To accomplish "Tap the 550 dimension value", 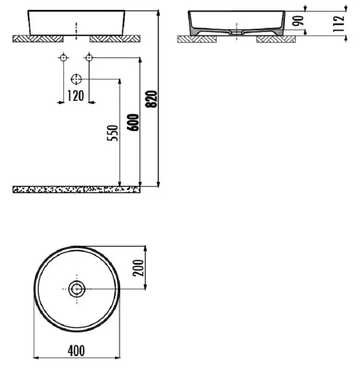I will point(114,133).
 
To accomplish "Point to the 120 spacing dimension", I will point(76,96).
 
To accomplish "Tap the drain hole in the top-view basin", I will point(76,289).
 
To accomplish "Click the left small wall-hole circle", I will point(63,58).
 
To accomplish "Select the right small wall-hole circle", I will point(89,58).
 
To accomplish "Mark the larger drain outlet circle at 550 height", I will point(76,79).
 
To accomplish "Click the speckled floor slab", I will point(76,189).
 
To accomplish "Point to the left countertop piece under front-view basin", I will point(38,39).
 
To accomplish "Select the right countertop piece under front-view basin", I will point(115,39).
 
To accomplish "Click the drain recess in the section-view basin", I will point(236,32).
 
